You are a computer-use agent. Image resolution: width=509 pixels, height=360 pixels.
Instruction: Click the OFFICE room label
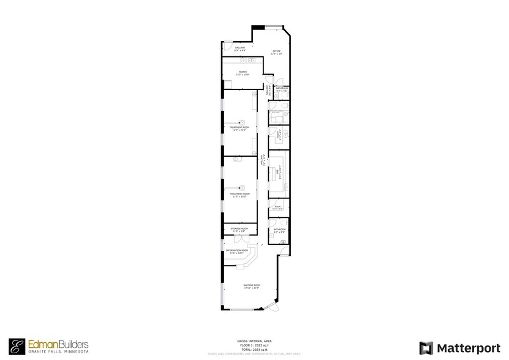coord(276,51)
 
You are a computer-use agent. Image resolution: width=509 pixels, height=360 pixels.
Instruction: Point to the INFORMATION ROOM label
coord(236,250)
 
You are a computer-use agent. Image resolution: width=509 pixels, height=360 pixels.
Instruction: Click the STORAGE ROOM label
coord(239,228)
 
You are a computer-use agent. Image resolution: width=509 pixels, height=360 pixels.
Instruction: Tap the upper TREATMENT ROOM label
coord(239,127)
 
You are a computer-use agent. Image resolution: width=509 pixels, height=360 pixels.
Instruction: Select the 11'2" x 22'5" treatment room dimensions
coord(239,197)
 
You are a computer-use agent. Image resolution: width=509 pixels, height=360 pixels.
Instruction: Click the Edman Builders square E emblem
coord(17,347)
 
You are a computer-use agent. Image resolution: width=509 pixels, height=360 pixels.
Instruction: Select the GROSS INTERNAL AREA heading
coord(254,342)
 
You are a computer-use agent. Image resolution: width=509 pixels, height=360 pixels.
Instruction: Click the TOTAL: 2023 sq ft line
coord(254,349)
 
